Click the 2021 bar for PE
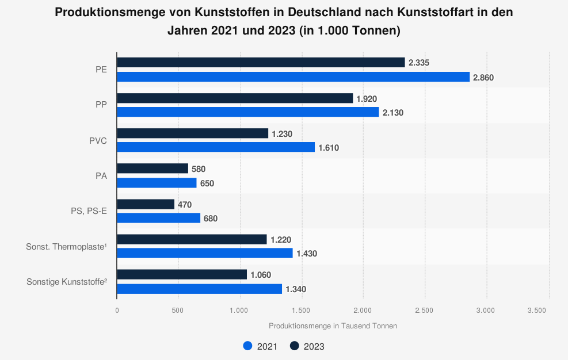click(x=293, y=77)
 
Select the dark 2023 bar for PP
click(x=235, y=98)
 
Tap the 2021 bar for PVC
click(x=216, y=147)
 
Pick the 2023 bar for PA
click(x=153, y=168)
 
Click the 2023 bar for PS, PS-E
click(x=146, y=204)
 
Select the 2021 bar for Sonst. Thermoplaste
click(x=205, y=253)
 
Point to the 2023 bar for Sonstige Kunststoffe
click(x=182, y=275)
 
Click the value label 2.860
click(x=483, y=77)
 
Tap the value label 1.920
click(x=367, y=98)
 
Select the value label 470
click(x=185, y=204)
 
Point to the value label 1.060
click(x=261, y=275)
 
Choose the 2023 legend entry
click(x=307, y=346)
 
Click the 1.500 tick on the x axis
click(x=302, y=311)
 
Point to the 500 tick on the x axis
click(x=178, y=311)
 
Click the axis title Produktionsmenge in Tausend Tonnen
click(x=333, y=326)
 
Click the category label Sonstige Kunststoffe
click(x=67, y=282)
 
